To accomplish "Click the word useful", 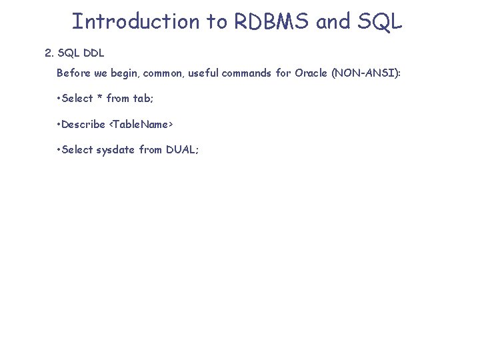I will (x=203, y=73).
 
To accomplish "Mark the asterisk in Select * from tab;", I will (x=99, y=98).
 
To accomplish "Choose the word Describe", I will (x=83, y=124).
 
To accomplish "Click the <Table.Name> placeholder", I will (x=141, y=124).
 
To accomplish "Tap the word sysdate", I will (x=116, y=150).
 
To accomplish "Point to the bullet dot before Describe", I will (x=59, y=124).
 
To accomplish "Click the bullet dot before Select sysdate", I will (x=59, y=149).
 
